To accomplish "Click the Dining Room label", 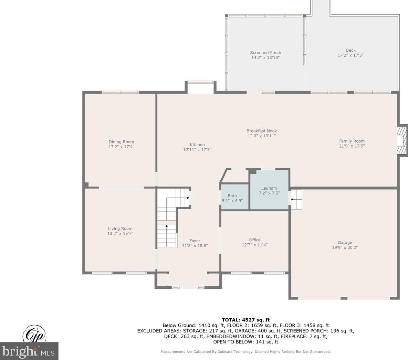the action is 121,142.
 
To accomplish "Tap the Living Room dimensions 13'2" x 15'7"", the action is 120,234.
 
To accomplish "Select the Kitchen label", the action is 197,145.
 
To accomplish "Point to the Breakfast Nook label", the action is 262,131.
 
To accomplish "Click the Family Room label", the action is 352,141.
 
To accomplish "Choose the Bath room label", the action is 232,195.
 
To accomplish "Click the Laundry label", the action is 269,188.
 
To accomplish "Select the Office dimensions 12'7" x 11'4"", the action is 255,245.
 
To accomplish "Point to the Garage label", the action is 345,242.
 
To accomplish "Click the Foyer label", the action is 195,241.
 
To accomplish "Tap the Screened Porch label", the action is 266,53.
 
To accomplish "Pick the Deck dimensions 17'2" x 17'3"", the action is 351,55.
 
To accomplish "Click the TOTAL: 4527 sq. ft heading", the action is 246,320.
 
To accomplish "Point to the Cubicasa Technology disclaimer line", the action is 245,352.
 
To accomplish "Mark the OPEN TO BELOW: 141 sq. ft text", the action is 246,342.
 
